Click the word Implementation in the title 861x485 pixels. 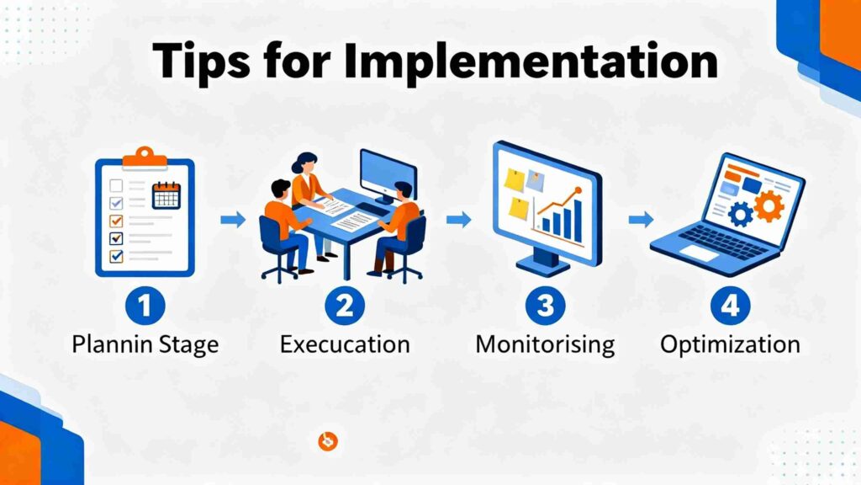pyautogui.click(x=531, y=61)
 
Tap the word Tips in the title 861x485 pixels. pyautogui.click(x=202, y=61)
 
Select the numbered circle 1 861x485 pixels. pyautogui.click(x=145, y=305)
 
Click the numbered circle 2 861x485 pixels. pyautogui.click(x=344, y=305)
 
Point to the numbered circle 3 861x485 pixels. pyautogui.click(x=545, y=305)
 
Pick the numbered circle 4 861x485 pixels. pyautogui.click(x=730, y=305)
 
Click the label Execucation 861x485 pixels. pyautogui.click(x=345, y=344)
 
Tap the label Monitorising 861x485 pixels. pyautogui.click(x=545, y=345)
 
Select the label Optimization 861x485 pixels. pyautogui.click(x=730, y=345)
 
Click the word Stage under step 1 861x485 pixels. pyautogui.click(x=189, y=346)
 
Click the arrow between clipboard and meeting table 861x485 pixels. pyautogui.click(x=233, y=220)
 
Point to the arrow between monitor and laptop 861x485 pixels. pyautogui.click(x=641, y=220)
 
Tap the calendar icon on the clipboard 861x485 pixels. pyautogui.click(x=166, y=195)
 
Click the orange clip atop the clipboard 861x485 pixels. pyautogui.click(x=145, y=157)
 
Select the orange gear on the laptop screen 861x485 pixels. pyautogui.click(x=769, y=206)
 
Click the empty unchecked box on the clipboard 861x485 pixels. pyautogui.click(x=116, y=185)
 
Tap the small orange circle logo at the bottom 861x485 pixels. pyautogui.click(x=328, y=441)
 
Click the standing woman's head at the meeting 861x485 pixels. pyautogui.click(x=304, y=163)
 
